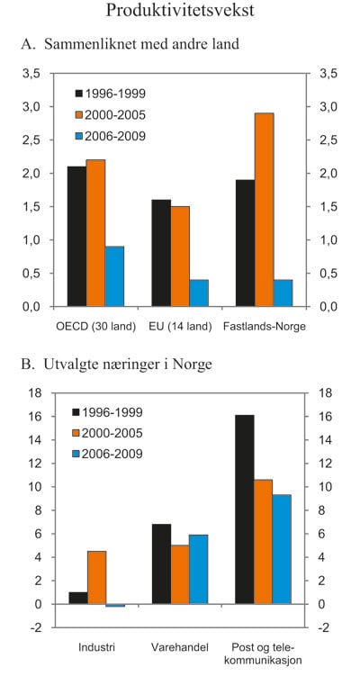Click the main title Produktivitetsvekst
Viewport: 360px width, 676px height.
point(179,12)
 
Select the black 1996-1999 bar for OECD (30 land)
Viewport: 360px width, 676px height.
point(76,237)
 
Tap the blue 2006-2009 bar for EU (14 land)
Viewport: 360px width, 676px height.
point(199,293)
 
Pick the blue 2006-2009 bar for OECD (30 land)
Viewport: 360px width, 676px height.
point(115,276)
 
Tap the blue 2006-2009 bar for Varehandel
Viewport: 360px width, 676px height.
point(199,570)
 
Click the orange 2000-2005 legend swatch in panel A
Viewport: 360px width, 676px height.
point(80,114)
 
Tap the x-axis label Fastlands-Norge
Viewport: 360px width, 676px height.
point(264,326)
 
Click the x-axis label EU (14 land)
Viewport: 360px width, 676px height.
point(180,326)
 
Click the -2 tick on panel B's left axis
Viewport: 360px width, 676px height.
point(33,627)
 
